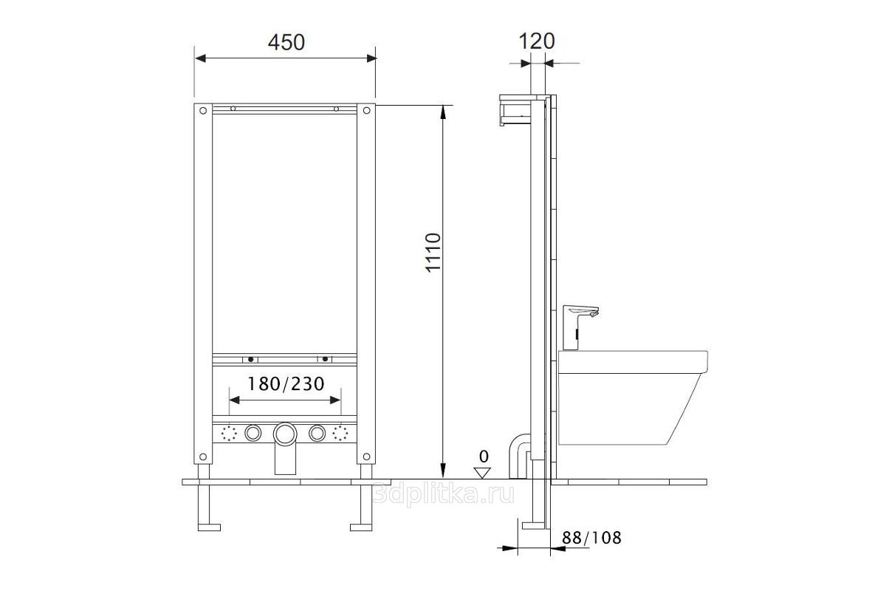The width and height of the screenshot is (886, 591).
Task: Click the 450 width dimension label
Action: pyautogui.click(x=286, y=42)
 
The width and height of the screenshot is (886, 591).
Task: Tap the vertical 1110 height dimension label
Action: pyautogui.click(x=433, y=253)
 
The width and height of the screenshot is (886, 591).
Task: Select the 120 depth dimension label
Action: pyautogui.click(x=537, y=41)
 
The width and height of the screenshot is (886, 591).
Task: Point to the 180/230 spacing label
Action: pyautogui.click(x=286, y=383)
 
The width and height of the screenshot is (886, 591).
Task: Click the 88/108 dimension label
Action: pyautogui.click(x=591, y=538)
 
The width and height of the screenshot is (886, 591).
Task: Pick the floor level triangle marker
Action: pyautogui.click(x=482, y=473)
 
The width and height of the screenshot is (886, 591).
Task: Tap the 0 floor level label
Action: pyautogui.click(x=484, y=457)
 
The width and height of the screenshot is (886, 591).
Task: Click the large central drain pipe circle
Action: pyautogui.click(x=285, y=434)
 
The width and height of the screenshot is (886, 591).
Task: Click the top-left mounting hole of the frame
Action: pyautogui.click(x=203, y=111)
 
